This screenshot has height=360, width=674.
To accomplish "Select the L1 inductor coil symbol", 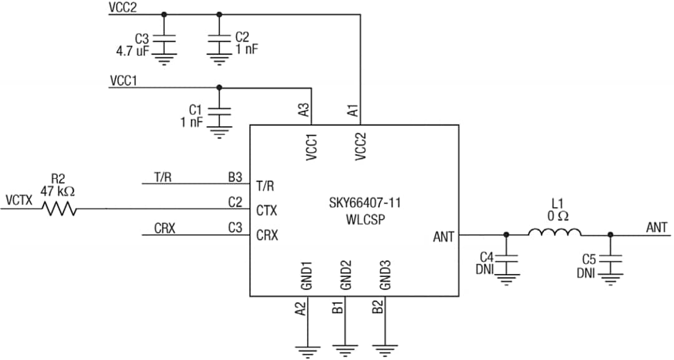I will [555, 233].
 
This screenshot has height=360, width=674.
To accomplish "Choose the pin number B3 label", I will [235, 177].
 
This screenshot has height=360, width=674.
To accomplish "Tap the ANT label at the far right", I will [657, 227].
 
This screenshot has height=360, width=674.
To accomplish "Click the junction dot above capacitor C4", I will [506, 235].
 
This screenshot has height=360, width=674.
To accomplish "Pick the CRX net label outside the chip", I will [165, 228].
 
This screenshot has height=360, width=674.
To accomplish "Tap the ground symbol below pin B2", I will [385, 351].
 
